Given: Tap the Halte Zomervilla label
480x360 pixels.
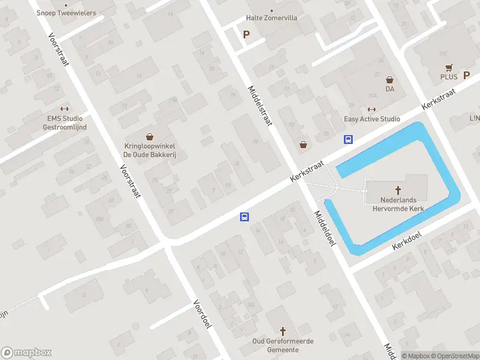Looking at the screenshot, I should click(271, 18).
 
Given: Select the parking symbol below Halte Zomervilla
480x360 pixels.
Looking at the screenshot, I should click(246, 35).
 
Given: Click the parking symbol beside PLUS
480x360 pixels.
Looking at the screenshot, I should click(466, 76).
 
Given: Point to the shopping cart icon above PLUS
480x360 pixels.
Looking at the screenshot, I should click(448, 67).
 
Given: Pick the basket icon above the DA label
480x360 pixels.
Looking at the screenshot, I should click(389, 79).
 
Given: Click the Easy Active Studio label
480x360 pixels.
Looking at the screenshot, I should click(371, 119).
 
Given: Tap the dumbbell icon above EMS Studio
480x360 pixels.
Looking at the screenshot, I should click(65, 109).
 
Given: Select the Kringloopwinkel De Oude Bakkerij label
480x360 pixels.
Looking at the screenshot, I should click(149, 149).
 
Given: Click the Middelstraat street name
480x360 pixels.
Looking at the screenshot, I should click(260, 105).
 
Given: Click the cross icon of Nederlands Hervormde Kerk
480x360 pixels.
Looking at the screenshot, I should click(397, 190).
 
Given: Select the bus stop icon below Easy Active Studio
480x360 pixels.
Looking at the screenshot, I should click(348, 139).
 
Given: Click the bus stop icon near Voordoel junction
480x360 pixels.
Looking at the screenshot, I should click(245, 217).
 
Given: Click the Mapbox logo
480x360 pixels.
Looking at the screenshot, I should click(26, 353).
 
